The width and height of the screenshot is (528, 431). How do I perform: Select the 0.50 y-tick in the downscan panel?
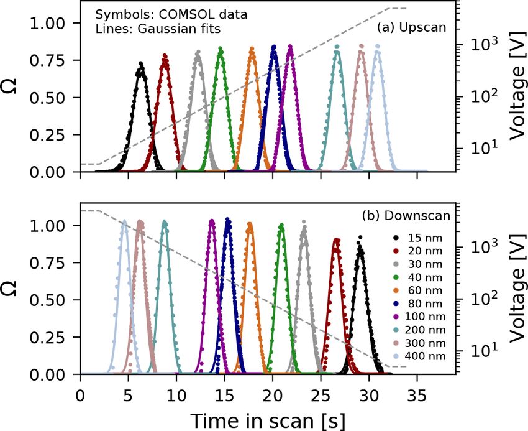pos(52,300)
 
